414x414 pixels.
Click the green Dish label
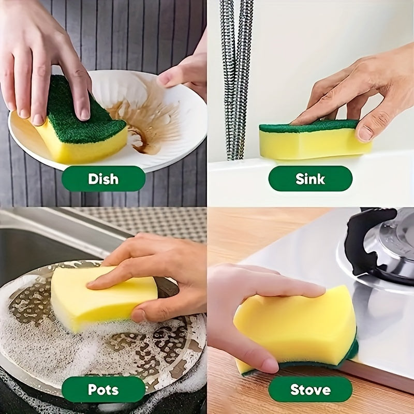(103, 179)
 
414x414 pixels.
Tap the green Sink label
(310, 179)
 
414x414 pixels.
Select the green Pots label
(103, 389)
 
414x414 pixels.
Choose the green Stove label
(310, 389)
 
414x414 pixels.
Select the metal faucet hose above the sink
(235, 78)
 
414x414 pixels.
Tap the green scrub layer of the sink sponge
(310, 126)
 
